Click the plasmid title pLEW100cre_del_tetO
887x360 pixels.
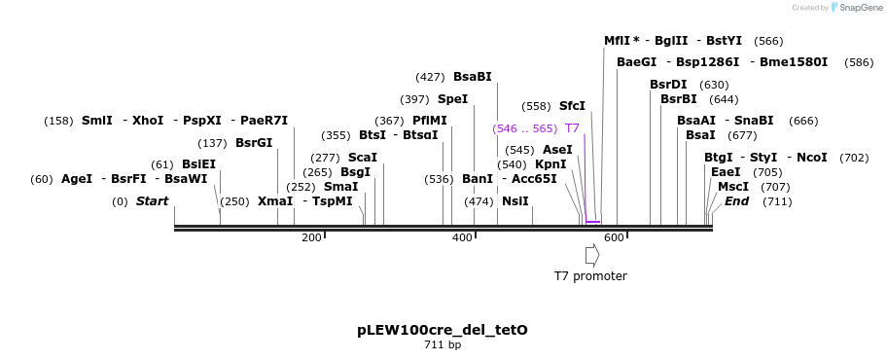[443, 330]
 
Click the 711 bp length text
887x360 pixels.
[443, 345]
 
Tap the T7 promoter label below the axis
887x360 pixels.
[590, 276]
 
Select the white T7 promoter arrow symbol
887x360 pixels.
[591, 254]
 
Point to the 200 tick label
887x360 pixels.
[311, 238]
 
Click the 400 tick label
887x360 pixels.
[462, 238]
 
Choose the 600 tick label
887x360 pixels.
[614, 238]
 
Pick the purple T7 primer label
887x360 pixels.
[572, 128]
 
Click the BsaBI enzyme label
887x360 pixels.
[473, 77]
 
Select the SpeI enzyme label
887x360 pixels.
[452, 99]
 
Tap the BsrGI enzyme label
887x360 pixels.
[254, 143]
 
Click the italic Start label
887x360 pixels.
[152, 201]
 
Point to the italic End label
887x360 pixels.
[736, 201]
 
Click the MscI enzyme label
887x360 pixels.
[733, 187]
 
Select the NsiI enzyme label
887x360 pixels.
[515, 201]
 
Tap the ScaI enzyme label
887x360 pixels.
[362, 158]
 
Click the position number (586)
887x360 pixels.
[859, 62]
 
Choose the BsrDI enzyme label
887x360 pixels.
[668, 85]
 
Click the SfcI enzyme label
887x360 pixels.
[572, 106]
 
